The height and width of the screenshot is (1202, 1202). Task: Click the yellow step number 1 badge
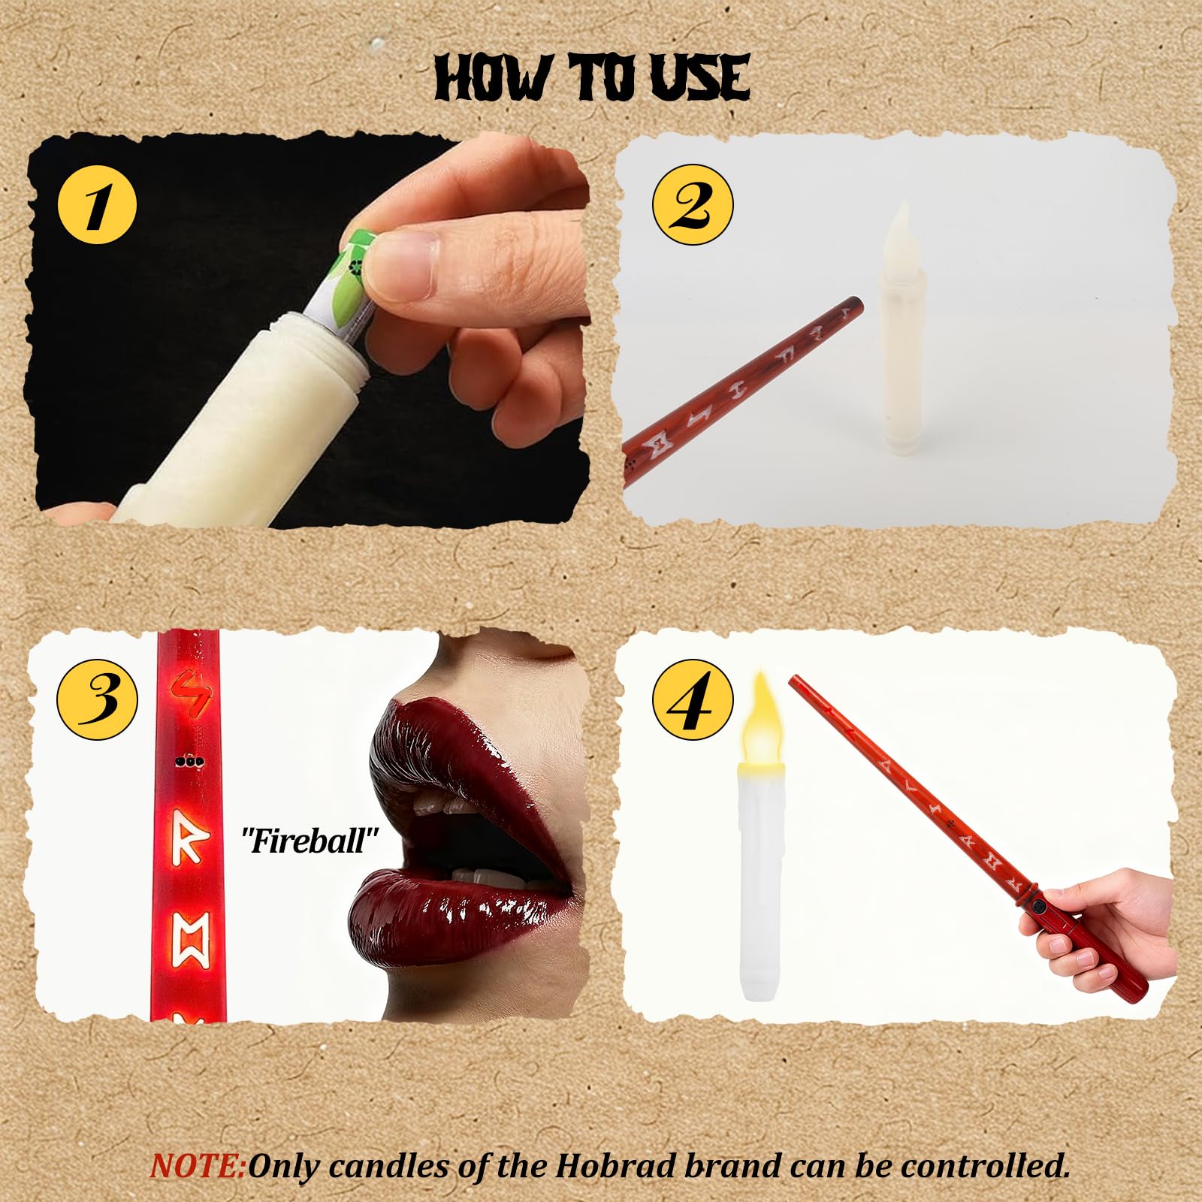click(97, 203)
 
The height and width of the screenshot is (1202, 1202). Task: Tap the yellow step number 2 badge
click(693, 200)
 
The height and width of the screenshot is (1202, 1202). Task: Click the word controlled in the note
click(984, 1146)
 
